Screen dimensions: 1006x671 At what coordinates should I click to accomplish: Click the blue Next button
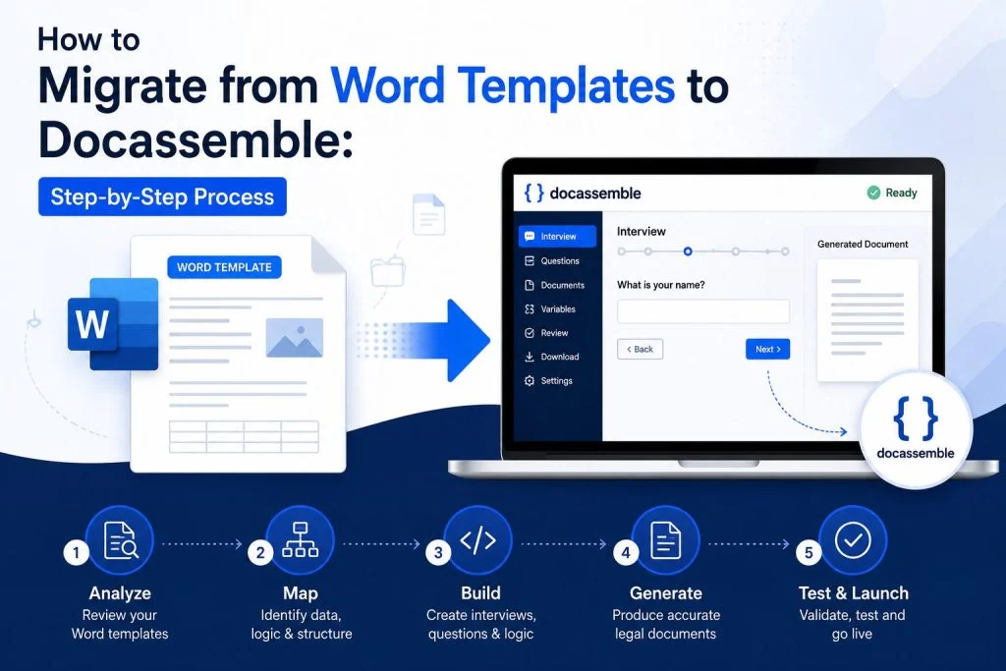click(x=767, y=349)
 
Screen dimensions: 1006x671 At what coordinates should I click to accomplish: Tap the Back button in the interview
click(x=640, y=349)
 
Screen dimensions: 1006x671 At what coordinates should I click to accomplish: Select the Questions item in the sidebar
click(x=552, y=260)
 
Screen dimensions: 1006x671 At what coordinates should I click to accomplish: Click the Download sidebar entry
click(x=552, y=357)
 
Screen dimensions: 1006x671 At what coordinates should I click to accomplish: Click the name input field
click(x=703, y=311)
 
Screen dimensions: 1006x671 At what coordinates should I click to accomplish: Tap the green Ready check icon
click(x=873, y=193)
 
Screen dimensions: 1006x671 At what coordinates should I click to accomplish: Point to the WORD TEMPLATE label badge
click(x=224, y=267)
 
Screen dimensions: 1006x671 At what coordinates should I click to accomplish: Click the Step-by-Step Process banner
click(x=162, y=196)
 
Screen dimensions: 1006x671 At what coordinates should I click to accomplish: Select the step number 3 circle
click(x=438, y=552)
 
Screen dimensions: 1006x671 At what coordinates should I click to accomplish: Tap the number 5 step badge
click(x=809, y=552)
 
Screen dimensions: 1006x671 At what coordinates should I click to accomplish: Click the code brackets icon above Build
click(x=478, y=540)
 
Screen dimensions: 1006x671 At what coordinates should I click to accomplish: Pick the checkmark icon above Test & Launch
click(x=853, y=540)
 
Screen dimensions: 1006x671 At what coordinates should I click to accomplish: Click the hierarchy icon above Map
click(x=301, y=539)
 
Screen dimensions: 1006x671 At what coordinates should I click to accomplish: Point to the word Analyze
click(x=120, y=592)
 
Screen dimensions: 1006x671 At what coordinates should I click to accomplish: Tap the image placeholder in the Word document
click(x=295, y=337)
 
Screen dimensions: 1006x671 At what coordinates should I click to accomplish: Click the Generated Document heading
click(x=863, y=244)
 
